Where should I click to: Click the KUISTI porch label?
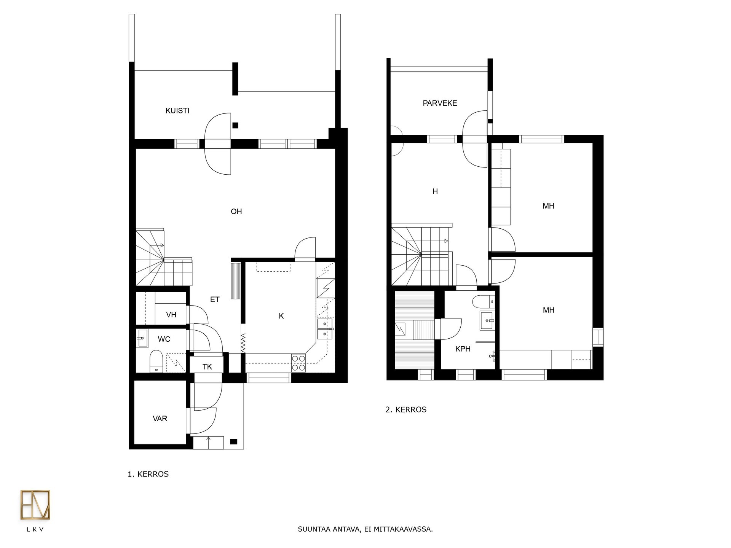(x=177, y=111)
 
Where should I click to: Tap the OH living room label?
(x=236, y=212)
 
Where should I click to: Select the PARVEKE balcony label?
(x=440, y=103)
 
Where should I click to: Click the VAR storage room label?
(x=160, y=419)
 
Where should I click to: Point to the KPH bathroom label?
(x=463, y=349)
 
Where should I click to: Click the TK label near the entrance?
(x=207, y=367)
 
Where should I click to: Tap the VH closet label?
(x=171, y=315)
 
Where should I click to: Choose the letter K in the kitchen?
(x=281, y=316)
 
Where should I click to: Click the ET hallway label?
(x=215, y=299)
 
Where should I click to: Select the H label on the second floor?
(x=435, y=191)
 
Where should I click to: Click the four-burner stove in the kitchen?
(x=298, y=363)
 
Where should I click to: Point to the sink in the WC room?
(x=142, y=338)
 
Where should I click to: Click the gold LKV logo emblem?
(x=35, y=505)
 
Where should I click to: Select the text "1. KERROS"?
(x=148, y=474)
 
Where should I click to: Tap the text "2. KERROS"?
(x=406, y=410)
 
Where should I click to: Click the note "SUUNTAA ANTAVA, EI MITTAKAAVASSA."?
(x=365, y=529)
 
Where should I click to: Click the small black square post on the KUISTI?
(x=235, y=125)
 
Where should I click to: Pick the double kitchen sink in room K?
(x=325, y=329)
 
